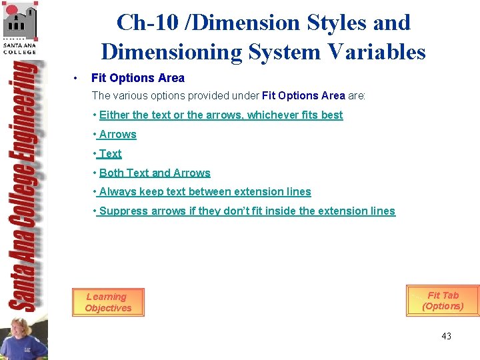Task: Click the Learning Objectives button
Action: point(108,302)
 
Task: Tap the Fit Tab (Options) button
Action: point(443,301)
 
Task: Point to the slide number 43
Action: point(446,336)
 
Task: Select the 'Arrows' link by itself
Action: point(117,134)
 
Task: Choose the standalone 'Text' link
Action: point(110,153)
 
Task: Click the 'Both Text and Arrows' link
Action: point(155,173)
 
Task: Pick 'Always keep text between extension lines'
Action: point(205,191)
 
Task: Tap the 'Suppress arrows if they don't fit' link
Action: point(247,211)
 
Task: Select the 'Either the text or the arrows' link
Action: point(221,115)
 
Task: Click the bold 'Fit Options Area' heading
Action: point(137,78)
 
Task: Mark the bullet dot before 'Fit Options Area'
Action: point(78,79)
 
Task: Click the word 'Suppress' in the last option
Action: point(124,211)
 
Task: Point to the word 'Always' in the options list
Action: point(116,191)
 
